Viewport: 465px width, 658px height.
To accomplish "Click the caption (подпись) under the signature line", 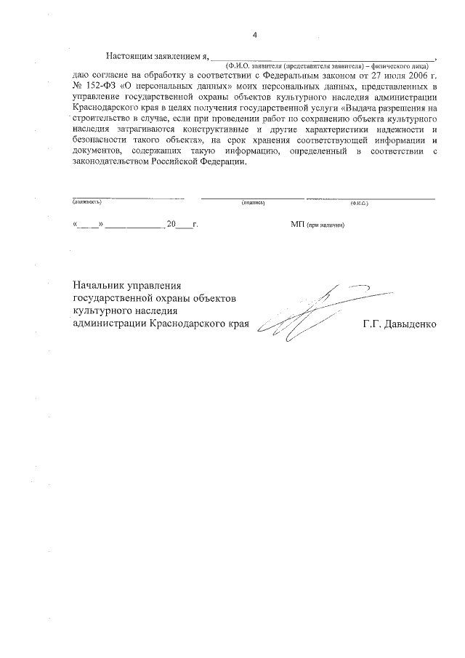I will coord(253,203).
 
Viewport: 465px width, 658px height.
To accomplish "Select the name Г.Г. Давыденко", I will coord(400,324).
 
